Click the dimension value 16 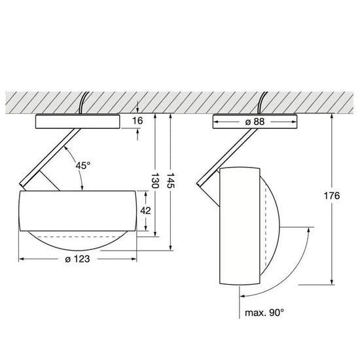[137, 121]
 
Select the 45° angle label [83, 166]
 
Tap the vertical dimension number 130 [155, 181]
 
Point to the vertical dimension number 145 [170, 181]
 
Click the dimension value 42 [145, 211]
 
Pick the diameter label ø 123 [77, 259]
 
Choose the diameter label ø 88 [255, 122]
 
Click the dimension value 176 [332, 196]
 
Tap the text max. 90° [264, 312]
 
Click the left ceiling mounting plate [78, 121]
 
